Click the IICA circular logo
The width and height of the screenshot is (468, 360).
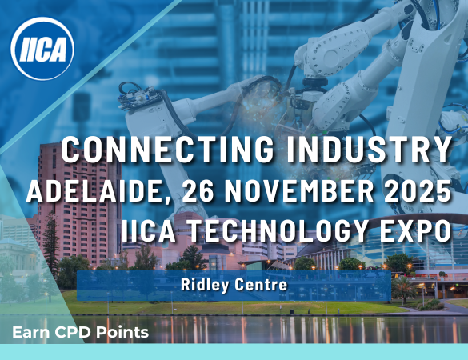click(x=42, y=48)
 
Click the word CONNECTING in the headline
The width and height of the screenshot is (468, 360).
click(x=168, y=150)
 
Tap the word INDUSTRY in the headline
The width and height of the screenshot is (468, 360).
click(x=369, y=150)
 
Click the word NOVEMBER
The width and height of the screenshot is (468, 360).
click(x=299, y=191)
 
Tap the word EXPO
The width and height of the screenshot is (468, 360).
click(x=415, y=230)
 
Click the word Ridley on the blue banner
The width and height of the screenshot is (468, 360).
click(x=205, y=285)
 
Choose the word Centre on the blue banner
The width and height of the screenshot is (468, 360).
click(x=261, y=285)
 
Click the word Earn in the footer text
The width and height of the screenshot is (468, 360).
click(x=30, y=332)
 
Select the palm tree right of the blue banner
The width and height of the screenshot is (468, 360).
click(x=403, y=286)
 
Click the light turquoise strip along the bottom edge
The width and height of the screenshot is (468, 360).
click(x=234, y=352)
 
